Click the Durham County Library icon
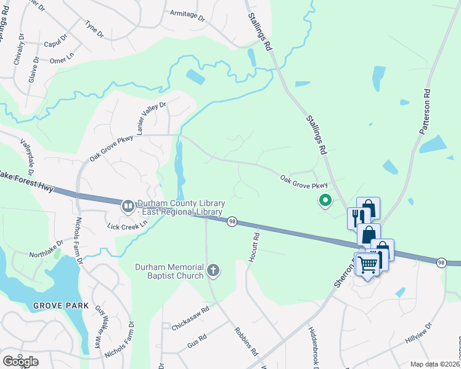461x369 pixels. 128,206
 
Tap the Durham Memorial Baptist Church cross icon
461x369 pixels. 213,270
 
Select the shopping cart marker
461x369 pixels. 368,264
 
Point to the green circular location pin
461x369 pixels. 324,200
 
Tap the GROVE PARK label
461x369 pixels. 61,306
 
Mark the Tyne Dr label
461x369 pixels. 94,27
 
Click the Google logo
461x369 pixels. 20,362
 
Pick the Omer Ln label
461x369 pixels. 62,60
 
